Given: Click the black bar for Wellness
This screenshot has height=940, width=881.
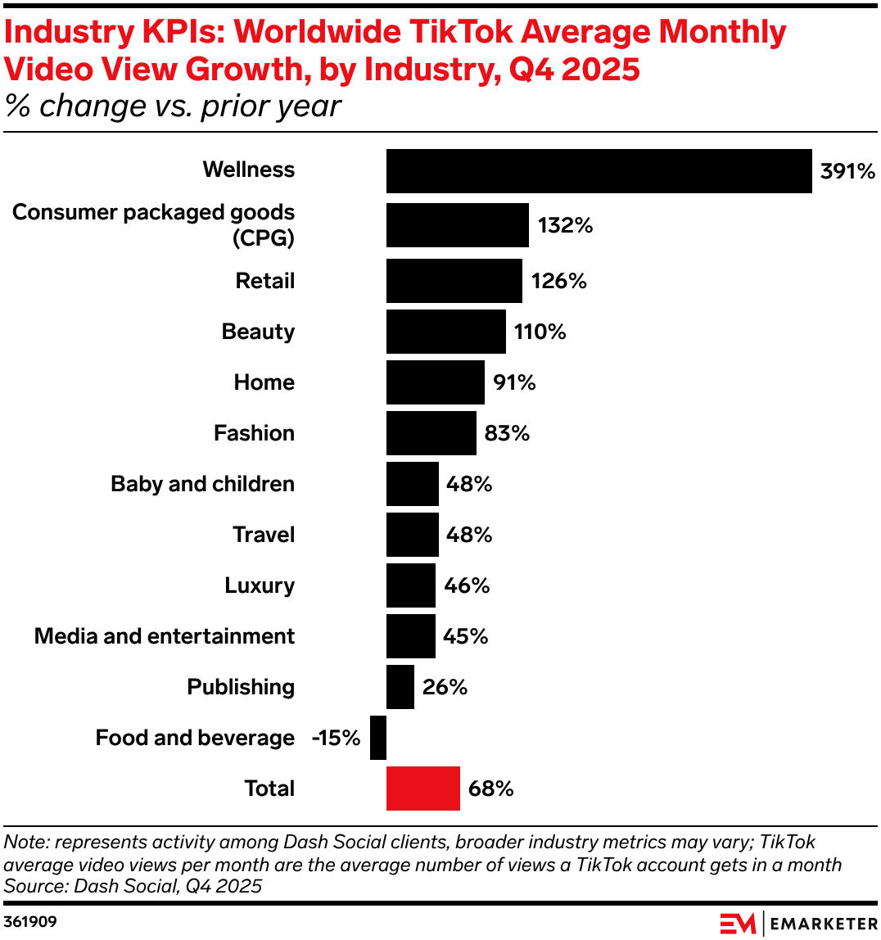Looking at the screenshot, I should click(x=599, y=171).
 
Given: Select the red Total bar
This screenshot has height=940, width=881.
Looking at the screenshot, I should click(x=423, y=789).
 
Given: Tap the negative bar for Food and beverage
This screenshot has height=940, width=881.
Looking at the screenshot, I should click(x=378, y=738).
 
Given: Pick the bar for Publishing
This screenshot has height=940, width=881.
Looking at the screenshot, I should click(x=400, y=687).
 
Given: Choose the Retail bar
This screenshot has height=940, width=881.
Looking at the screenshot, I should click(x=454, y=281).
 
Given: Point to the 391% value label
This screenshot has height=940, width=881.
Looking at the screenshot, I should click(x=847, y=171).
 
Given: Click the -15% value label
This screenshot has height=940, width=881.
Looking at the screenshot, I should click(x=336, y=738).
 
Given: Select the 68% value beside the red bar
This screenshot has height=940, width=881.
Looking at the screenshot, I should click(x=490, y=789).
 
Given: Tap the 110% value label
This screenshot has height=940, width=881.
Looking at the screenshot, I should click(x=540, y=332).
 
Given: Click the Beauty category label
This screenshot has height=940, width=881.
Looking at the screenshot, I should click(x=258, y=332).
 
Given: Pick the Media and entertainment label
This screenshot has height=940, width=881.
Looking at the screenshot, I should click(x=165, y=636).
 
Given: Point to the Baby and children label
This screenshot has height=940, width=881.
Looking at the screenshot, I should click(x=202, y=484).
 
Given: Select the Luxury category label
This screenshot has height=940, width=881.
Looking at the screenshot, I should click(x=260, y=585).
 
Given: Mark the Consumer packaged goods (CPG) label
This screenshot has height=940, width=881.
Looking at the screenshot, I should click(x=154, y=224).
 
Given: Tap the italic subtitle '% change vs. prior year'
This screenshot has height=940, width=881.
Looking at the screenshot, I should click(x=173, y=106).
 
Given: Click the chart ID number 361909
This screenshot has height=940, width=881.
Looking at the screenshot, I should click(x=30, y=922).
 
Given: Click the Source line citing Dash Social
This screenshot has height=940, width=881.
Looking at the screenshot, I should click(x=133, y=885).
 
